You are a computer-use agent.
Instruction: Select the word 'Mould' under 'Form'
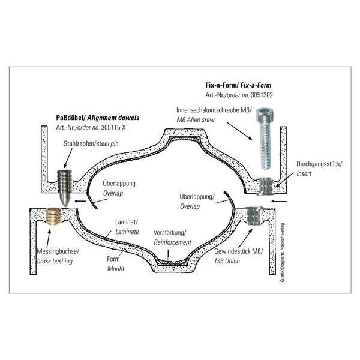(x=116, y=269)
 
